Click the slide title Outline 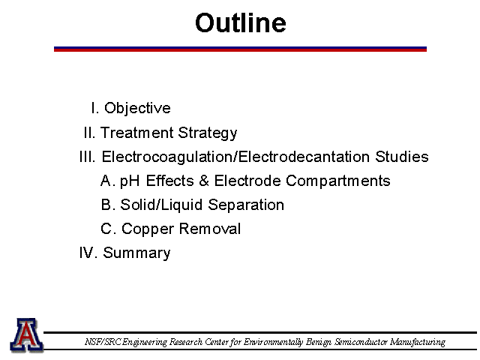[x=241, y=23]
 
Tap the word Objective [x=137, y=109]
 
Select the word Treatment [x=136, y=133]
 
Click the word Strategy [x=208, y=133]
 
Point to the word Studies [x=402, y=157]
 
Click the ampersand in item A [x=204, y=181]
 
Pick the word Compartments [x=338, y=181]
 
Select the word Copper [x=148, y=229]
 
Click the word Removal [x=210, y=229]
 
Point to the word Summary [x=136, y=253]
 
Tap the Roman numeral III [x=88, y=157]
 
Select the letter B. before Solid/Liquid [x=108, y=205]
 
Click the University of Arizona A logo [x=27, y=335]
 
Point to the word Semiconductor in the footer [x=361, y=342]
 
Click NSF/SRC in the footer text [x=103, y=342]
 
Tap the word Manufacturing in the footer [x=418, y=342]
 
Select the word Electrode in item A [x=247, y=181]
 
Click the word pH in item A [x=130, y=181]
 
